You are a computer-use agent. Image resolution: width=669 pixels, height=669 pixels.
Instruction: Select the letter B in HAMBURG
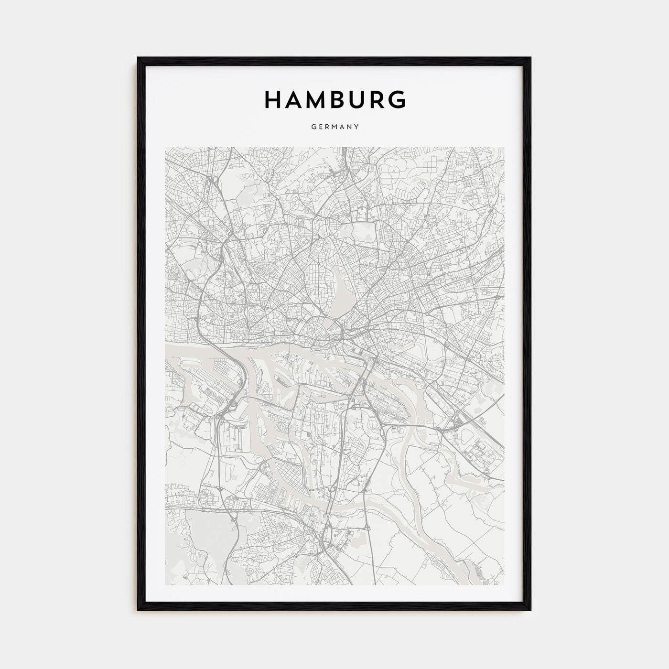pos(341,99)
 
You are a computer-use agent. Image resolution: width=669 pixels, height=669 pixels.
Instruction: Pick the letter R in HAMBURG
pos(378,99)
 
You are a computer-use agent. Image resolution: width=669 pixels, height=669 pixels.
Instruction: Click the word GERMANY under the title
pos(334,127)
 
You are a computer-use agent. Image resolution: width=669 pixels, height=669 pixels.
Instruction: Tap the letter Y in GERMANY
pos(356,127)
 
